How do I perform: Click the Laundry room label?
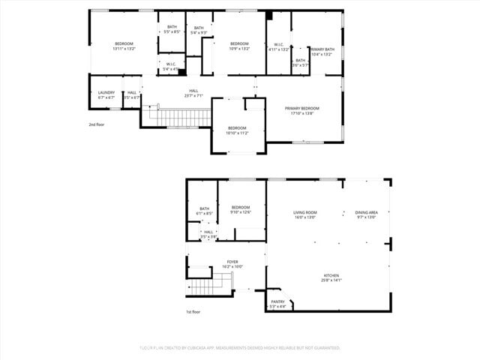pyautogui.click(x=106, y=93)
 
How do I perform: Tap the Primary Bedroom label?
pyautogui.click(x=304, y=108)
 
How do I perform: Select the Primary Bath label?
pyautogui.click(x=322, y=49)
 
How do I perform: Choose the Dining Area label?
pyautogui.click(x=366, y=212)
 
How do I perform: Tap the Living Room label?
pyautogui.click(x=304, y=212)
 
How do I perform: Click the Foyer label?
pyautogui.click(x=232, y=262)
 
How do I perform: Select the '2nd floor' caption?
pyautogui.click(x=97, y=124)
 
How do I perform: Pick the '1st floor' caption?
pyautogui.click(x=193, y=311)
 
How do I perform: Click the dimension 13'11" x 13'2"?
pyautogui.click(x=124, y=49)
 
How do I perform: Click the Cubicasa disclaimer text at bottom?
pyautogui.click(x=239, y=347)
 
